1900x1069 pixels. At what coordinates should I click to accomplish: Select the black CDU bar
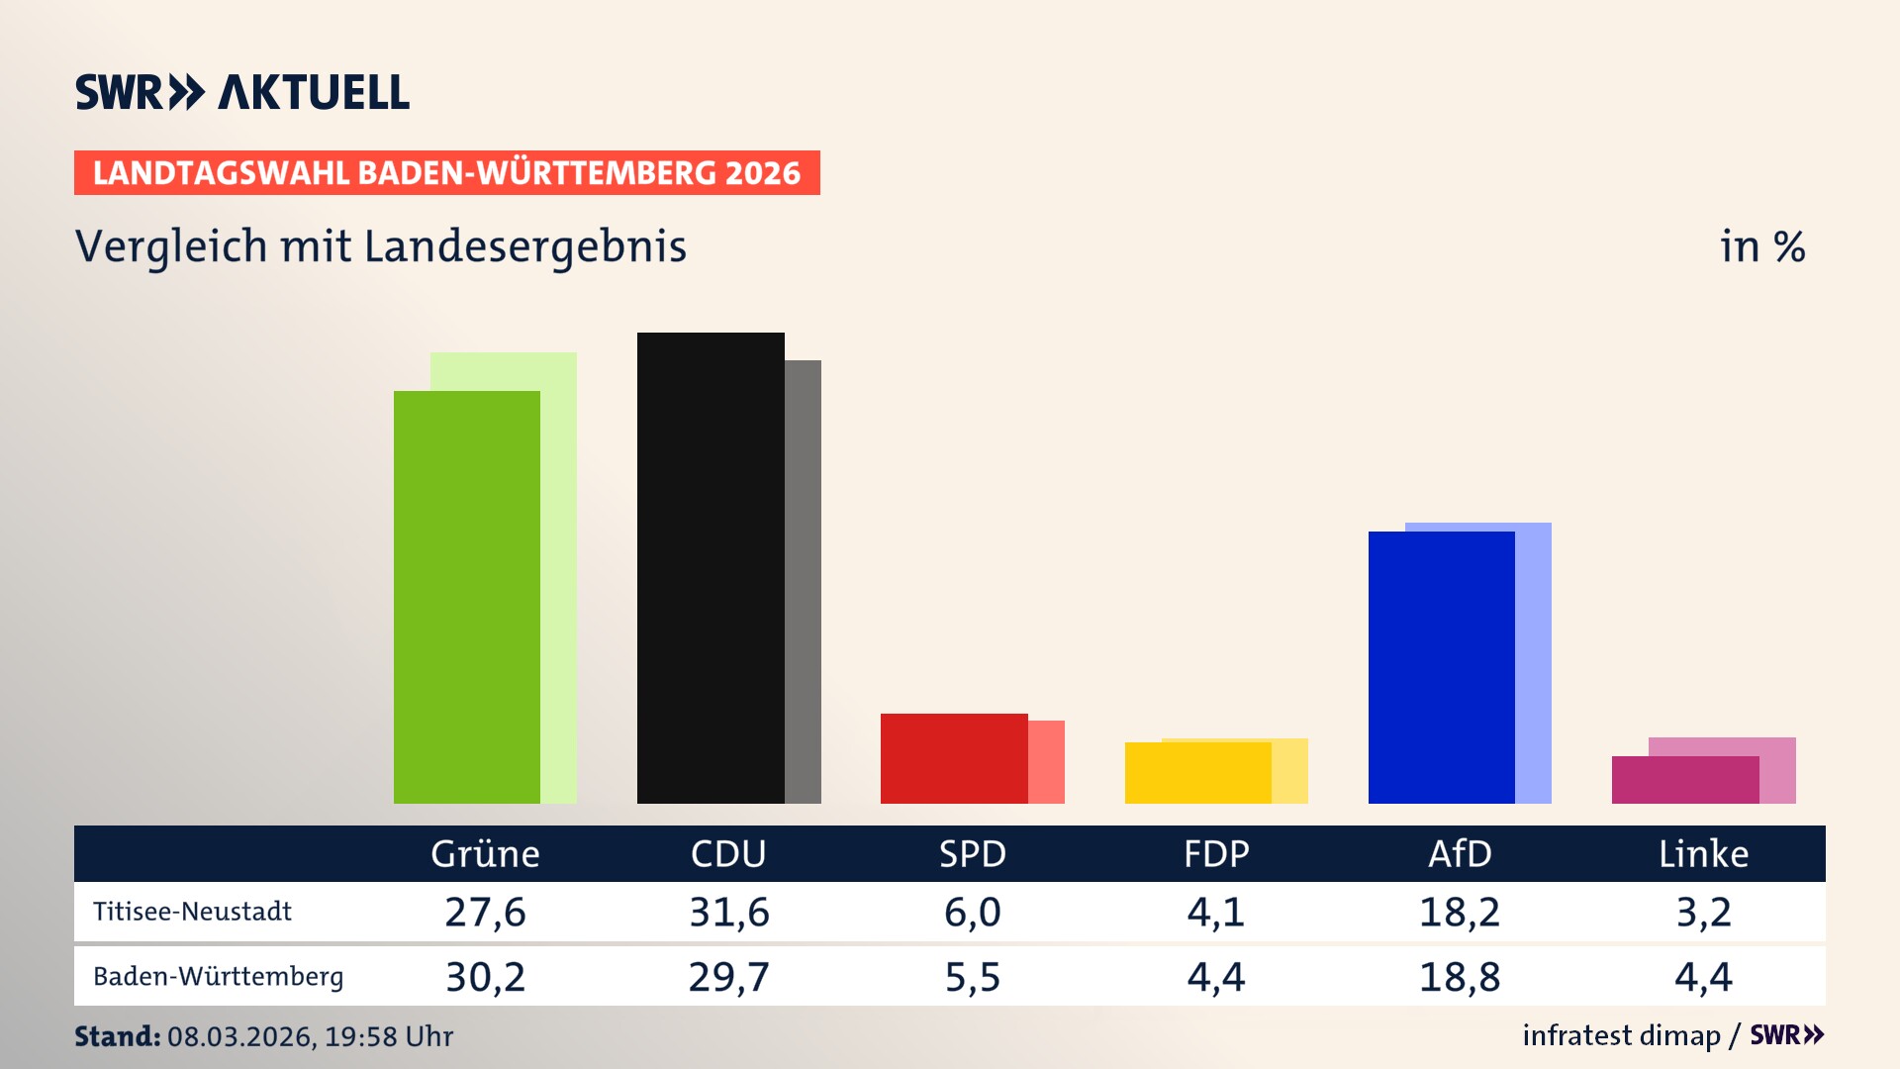[x=711, y=568]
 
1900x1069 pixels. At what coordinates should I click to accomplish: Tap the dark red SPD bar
[x=954, y=758]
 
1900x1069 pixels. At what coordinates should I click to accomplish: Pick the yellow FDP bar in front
[x=1197, y=773]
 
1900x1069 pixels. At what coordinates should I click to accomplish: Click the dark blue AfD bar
[x=1441, y=667]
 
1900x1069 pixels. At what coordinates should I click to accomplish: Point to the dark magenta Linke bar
[x=1684, y=780]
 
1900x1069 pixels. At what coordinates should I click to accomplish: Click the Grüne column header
[x=485, y=853]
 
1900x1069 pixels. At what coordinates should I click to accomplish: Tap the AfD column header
[x=1460, y=853]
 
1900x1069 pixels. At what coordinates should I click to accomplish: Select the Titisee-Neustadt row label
[x=192, y=912]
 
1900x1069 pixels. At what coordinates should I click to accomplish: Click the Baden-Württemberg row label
[x=218, y=977]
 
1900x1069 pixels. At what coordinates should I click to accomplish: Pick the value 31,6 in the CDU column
[x=729, y=912]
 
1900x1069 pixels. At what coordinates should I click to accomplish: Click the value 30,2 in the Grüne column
[x=485, y=977]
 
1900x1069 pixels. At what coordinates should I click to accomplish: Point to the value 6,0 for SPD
[x=973, y=912]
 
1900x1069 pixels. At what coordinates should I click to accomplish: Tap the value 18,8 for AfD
[x=1460, y=977]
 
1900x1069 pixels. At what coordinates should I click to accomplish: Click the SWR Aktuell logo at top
[x=242, y=92]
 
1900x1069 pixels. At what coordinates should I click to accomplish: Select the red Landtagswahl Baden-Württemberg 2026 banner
[x=446, y=172]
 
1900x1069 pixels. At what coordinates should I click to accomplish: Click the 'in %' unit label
[x=1762, y=246]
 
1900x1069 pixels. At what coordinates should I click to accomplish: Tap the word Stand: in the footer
[x=117, y=1036]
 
